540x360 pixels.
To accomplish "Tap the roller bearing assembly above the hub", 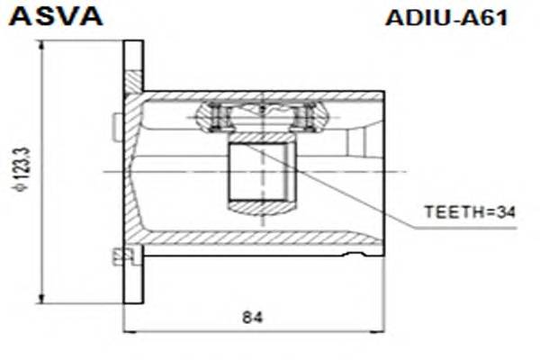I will (x=261, y=115).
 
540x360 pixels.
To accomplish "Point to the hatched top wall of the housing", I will (x=261, y=95).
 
